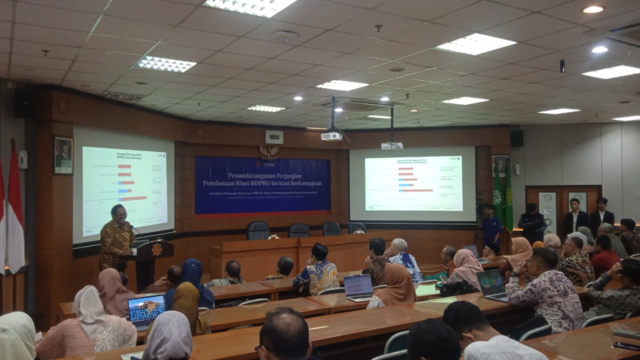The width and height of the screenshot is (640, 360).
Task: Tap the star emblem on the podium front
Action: coord(156,249)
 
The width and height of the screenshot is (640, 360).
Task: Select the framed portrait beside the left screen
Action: coord(63,155)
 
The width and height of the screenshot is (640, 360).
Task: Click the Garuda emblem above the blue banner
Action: coord(269,151)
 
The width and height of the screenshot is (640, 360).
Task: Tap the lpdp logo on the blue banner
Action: coord(264,163)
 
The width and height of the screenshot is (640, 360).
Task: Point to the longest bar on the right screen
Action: coord(416,190)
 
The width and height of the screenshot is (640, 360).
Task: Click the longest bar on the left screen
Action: coord(133,198)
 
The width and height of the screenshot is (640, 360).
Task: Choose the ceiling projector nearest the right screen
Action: coord(392,145)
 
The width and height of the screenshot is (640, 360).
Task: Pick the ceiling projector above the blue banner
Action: coord(331,136)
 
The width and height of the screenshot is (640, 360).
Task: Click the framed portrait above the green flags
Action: coord(499,165)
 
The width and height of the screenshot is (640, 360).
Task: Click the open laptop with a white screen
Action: coord(358,287)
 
